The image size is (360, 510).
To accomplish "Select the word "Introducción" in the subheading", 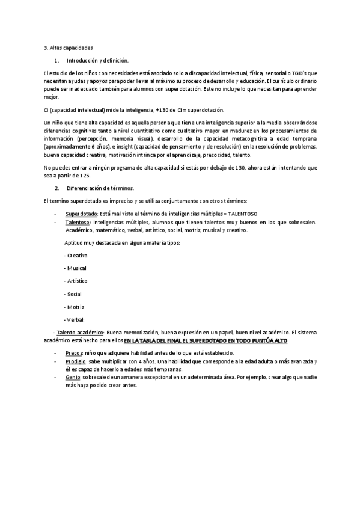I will (82, 61).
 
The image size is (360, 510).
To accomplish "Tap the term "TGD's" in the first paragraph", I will (307, 73).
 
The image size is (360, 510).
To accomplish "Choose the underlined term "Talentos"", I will (77, 222).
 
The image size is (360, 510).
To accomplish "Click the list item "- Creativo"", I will (75, 256).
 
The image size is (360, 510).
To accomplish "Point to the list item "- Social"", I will (73, 294).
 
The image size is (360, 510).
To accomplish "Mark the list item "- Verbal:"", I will (75, 319).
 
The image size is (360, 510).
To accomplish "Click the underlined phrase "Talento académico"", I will (80, 333).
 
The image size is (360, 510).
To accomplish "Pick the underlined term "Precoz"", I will (74, 353).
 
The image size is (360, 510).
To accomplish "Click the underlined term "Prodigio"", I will (76, 362).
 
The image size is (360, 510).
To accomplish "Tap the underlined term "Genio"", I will (73, 376).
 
